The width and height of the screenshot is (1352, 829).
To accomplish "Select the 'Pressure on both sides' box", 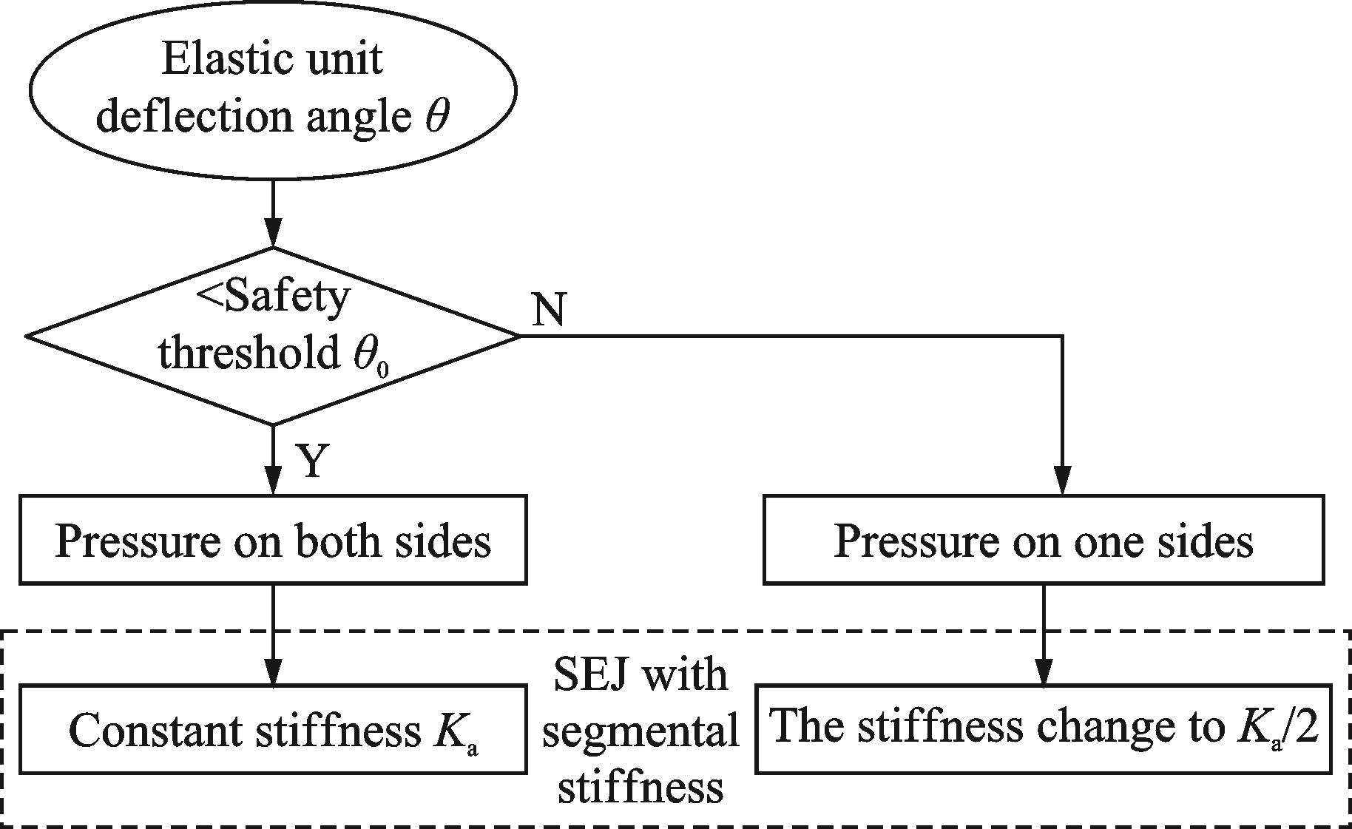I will tap(273, 540).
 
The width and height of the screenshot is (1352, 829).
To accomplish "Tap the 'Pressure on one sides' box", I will tap(1044, 540).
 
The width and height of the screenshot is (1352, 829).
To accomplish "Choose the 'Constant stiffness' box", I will tap(273, 730).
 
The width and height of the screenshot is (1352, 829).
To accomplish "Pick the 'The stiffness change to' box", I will tap(1044, 728).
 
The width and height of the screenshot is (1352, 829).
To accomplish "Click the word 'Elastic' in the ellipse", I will tap(212, 59).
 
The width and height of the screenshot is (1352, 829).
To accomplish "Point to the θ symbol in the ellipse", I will tap(436, 117).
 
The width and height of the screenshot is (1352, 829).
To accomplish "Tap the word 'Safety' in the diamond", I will tap(285, 297).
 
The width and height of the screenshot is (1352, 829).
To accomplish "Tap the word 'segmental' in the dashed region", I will tap(640, 731).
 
